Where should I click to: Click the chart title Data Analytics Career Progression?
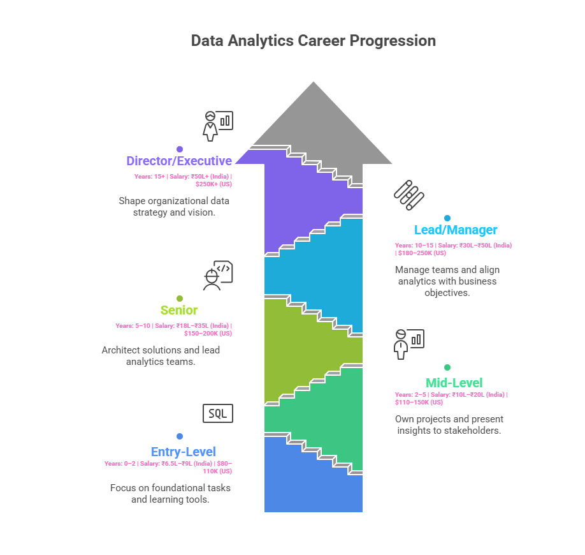(313, 41)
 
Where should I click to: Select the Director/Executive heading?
(178, 161)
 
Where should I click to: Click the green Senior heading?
(179, 311)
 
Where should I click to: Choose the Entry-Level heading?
(184, 452)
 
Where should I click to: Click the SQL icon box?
(218, 413)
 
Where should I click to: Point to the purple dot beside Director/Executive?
(180, 149)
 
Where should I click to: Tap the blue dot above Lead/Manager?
(447, 218)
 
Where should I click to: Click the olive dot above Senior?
(180, 298)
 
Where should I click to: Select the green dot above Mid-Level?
(447, 367)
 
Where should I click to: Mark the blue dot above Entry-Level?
(180, 436)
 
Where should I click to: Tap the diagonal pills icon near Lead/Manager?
(409, 195)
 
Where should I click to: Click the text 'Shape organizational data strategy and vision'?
(175, 206)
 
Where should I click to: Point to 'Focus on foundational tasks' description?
(170, 493)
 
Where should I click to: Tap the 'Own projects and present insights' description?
(449, 424)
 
